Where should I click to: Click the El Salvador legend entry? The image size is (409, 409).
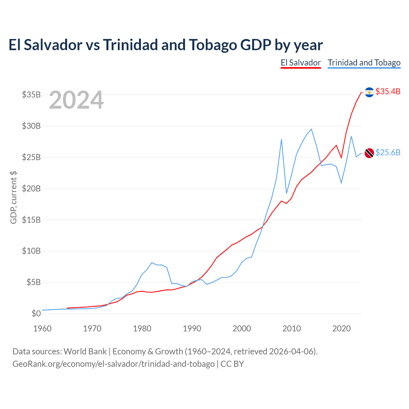pyautogui.click(x=300, y=63)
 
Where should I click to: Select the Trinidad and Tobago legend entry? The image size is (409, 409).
pyautogui.click(x=364, y=63)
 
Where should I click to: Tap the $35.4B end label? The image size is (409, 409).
pyautogui.click(x=388, y=91)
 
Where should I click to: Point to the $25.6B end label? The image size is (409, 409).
pyautogui.click(x=388, y=152)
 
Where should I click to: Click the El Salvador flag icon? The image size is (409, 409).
pyautogui.click(x=369, y=92)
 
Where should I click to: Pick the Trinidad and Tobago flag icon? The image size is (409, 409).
pyautogui.click(x=369, y=153)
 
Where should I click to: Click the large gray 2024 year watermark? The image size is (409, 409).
pyautogui.click(x=76, y=100)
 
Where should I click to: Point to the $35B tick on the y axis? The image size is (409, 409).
pyautogui.click(x=31, y=95)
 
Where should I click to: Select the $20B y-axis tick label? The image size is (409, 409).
pyautogui.click(x=31, y=189)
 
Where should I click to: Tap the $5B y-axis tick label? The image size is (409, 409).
pyautogui.click(x=34, y=282)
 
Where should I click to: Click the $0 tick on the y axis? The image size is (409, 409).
pyautogui.click(x=36, y=313)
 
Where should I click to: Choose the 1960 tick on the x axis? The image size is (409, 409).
pyautogui.click(x=42, y=328)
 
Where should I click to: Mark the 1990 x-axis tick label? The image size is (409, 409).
pyautogui.click(x=192, y=328)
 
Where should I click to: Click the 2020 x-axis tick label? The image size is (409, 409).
pyautogui.click(x=342, y=328)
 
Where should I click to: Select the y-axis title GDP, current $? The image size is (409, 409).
pyautogui.click(x=13, y=197)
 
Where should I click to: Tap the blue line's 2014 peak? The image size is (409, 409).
pyautogui.click(x=312, y=129)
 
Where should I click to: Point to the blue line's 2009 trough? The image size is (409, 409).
pyautogui.click(x=286, y=193)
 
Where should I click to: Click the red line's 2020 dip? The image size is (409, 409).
pyautogui.click(x=341, y=158)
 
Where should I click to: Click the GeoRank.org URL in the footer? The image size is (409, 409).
pyautogui.click(x=113, y=364)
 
